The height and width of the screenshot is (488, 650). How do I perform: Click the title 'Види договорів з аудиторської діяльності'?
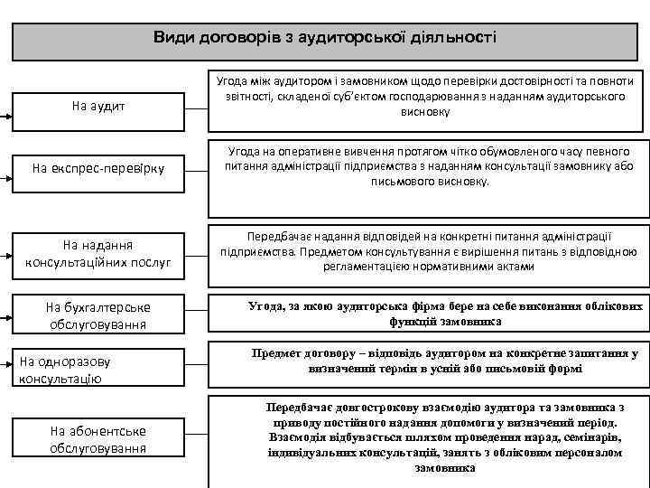tap(325, 38)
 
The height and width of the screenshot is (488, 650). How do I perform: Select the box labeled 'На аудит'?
tap(99, 107)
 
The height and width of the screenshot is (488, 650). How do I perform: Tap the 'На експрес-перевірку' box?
tap(99, 167)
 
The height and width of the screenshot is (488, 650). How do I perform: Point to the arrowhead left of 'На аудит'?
tap(5, 117)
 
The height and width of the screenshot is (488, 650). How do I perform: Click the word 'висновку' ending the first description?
tap(430, 113)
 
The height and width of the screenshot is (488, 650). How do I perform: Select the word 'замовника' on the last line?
tap(444, 468)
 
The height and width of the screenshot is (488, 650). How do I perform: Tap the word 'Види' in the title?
tap(171, 38)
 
